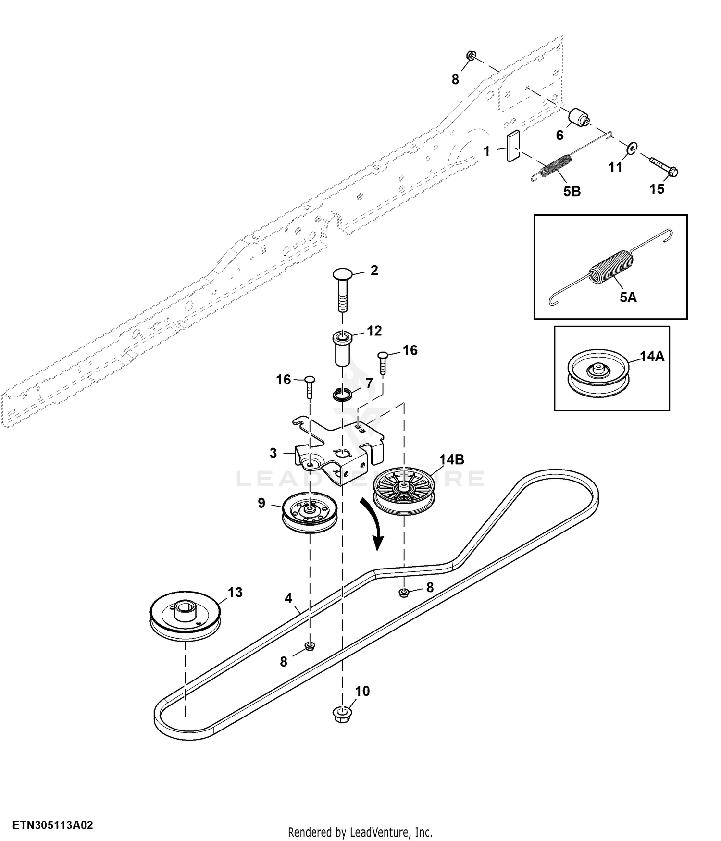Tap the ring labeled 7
(x=343, y=395)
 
